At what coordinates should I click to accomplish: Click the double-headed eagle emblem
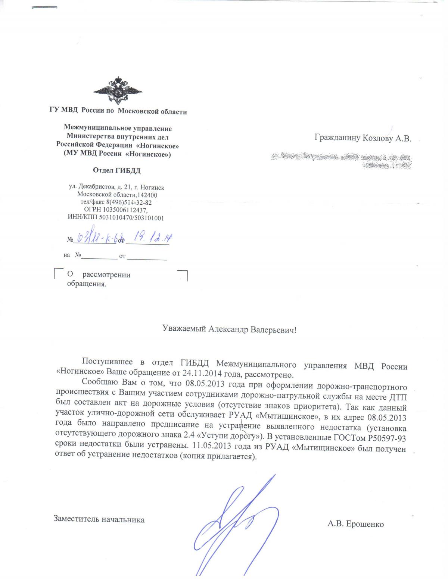[x=118, y=91]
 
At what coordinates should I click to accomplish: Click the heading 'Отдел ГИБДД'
[x=117, y=171]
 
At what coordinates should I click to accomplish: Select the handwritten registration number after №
[x=95, y=237]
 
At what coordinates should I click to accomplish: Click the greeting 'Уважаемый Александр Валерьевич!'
[x=229, y=329]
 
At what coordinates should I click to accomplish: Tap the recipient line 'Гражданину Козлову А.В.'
[x=363, y=138]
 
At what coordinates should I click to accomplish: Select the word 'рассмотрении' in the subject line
[x=106, y=275]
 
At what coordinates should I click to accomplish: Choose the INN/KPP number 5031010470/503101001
[x=131, y=218]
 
